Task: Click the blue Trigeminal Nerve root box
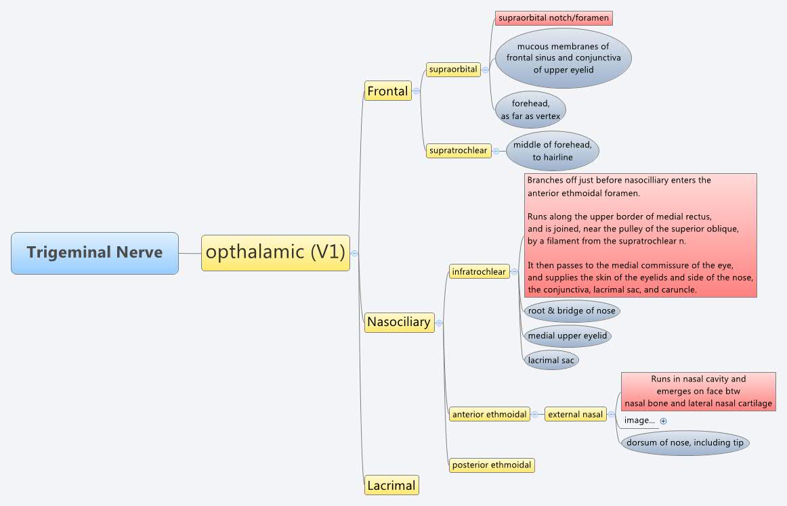95,253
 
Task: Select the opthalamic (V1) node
275,253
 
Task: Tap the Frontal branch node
387,91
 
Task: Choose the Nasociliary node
399,322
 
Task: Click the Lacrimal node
391,485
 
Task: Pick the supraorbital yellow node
453,69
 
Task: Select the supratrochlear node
459,151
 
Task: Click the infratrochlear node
479,272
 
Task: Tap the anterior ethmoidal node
490,415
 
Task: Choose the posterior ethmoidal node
492,465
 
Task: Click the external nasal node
575,415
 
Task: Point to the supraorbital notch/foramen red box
553,18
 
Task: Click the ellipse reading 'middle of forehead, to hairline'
553,151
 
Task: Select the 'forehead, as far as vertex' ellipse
530,110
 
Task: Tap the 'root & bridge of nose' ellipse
572,311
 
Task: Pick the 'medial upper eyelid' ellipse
568,336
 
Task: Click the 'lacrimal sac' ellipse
551,360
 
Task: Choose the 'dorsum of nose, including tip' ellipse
685,443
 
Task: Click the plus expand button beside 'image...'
663,421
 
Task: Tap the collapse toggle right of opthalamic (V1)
354,253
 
